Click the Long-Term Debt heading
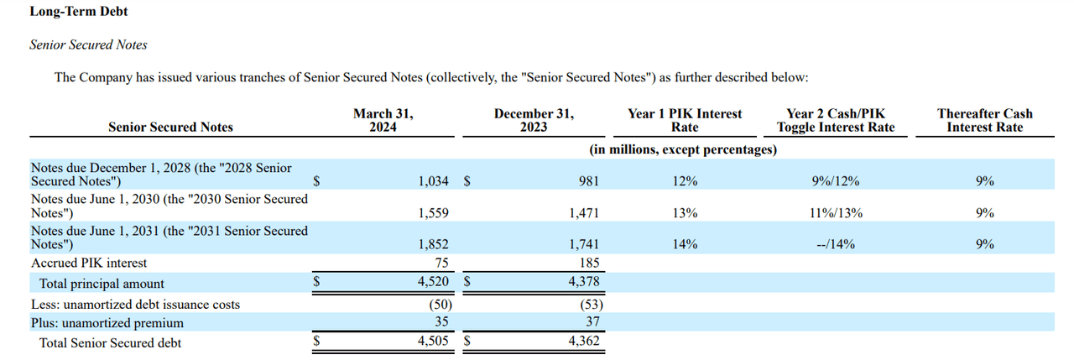[x=79, y=12]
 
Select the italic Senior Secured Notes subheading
[x=88, y=44]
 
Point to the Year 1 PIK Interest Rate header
[x=685, y=120]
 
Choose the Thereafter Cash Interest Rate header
[x=985, y=120]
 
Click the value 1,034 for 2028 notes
[x=433, y=181]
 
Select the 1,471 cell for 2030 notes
[x=584, y=213]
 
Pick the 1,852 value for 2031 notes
[x=433, y=244]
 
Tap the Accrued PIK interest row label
[x=89, y=263]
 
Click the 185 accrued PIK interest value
[x=589, y=263]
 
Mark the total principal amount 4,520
[x=433, y=283]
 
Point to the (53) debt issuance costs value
[x=587, y=305]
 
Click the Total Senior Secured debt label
[x=110, y=342]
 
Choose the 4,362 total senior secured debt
[x=584, y=342]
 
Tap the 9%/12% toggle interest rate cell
[x=835, y=181]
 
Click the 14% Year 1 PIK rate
[x=685, y=244]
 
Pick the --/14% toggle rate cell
[x=835, y=244]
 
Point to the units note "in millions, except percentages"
[x=683, y=149]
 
